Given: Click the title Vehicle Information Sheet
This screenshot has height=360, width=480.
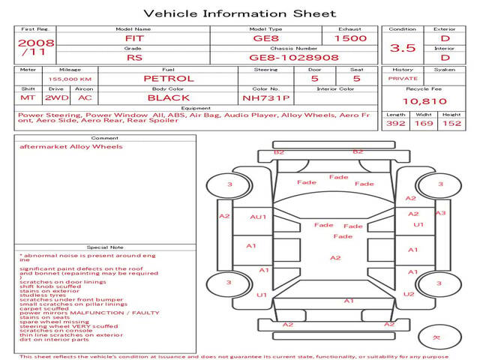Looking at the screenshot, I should click(239, 13).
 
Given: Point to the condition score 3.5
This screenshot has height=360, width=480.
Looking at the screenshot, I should click(403, 47).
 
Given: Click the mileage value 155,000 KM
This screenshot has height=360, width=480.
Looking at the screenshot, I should click(70, 79).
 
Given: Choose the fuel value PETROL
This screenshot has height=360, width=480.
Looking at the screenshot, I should click(168, 79).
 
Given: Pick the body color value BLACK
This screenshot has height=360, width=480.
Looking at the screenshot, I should click(168, 97).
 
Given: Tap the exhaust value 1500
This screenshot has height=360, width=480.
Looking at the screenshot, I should click(351, 38).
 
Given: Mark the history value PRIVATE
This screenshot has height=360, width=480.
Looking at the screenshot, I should click(403, 78).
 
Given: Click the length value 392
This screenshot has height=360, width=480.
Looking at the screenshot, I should click(396, 123).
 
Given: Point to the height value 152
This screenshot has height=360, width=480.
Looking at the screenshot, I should click(451, 123).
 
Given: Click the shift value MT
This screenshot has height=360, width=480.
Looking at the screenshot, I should click(28, 97).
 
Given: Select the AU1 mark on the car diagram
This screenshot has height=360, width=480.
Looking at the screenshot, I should click(258, 217).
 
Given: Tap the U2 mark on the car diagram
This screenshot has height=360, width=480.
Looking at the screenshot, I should click(408, 294).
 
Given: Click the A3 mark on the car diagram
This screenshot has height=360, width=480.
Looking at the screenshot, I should click(440, 213).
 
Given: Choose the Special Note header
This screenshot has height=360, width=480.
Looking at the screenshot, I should click(104, 247).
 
